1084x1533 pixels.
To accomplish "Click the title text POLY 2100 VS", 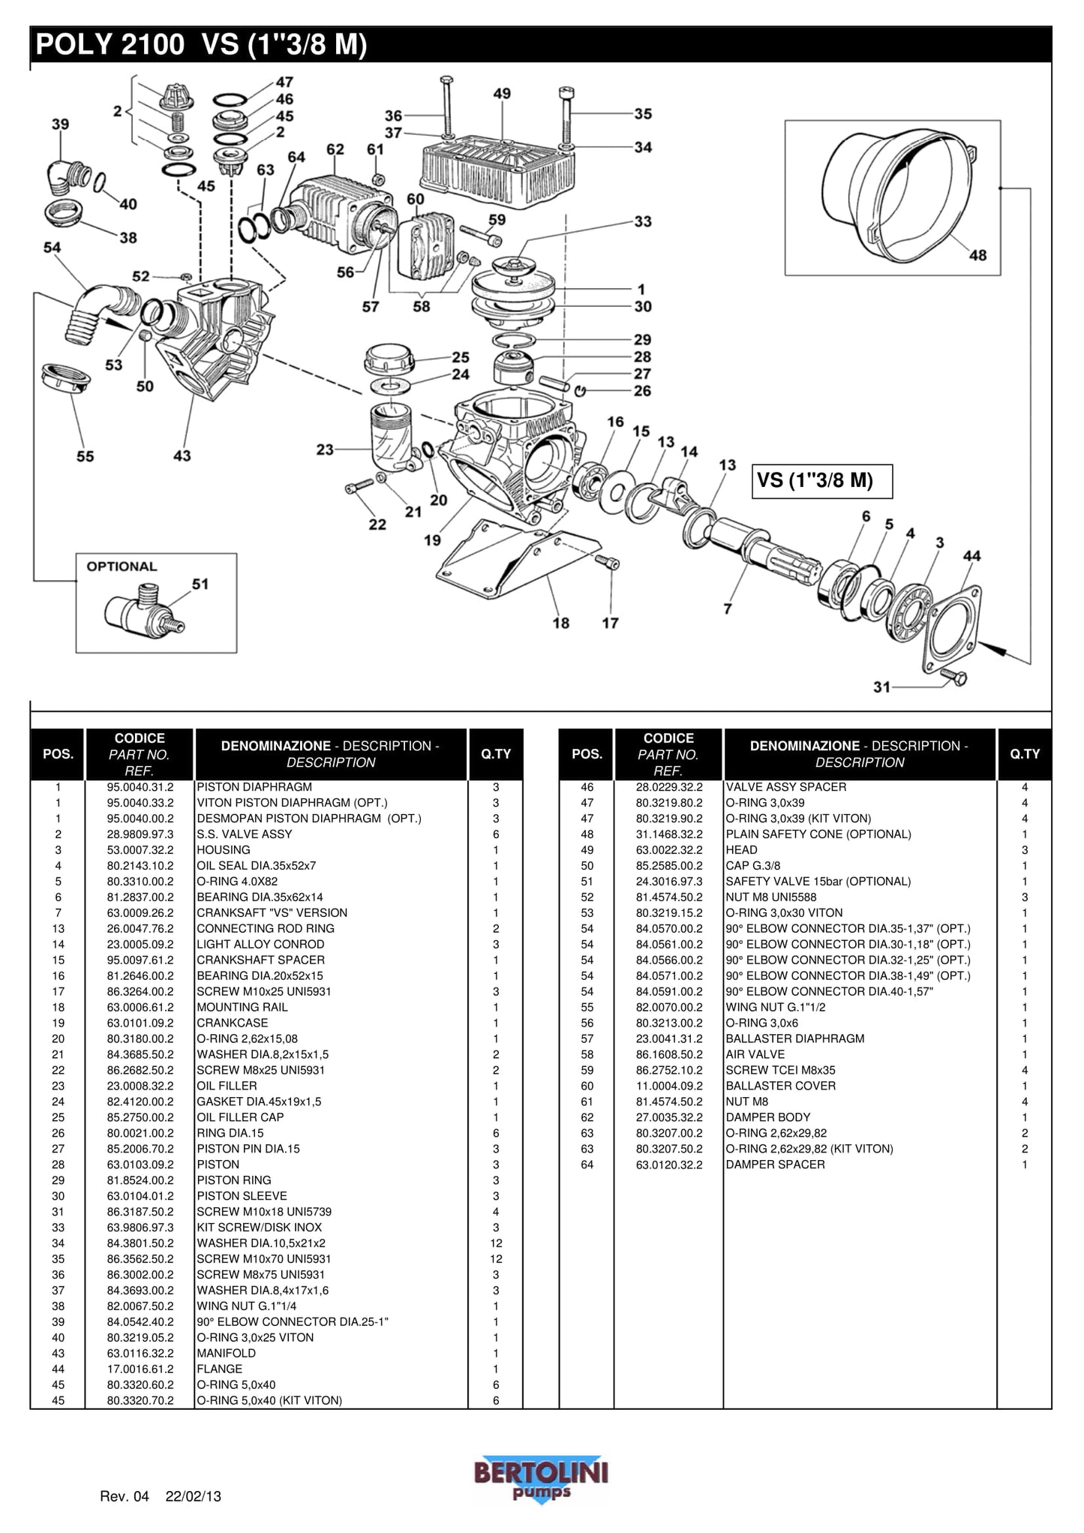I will click(x=201, y=45).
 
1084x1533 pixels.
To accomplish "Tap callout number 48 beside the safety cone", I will click(x=977, y=255).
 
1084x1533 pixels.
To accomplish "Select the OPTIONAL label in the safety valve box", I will click(x=122, y=567).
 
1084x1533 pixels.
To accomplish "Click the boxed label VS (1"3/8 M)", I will click(x=822, y=481).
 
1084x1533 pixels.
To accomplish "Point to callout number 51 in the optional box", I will click(x=200, y=584).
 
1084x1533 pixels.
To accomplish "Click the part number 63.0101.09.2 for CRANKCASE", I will click(x=140, y=1023).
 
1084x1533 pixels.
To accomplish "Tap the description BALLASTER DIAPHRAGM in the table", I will click(x=794, y=1039).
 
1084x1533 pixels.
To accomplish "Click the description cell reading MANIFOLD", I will click(x=226, y=1353).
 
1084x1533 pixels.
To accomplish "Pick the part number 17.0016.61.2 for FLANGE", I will click(x=140, y=1369).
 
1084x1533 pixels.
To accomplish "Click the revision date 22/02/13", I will click(x=194, y=1496).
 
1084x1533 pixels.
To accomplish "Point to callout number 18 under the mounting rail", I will click(x=561, y=623).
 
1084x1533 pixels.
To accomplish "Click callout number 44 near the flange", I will click(x=971, y=556).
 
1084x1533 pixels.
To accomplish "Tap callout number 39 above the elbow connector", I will click(x=60, y=124).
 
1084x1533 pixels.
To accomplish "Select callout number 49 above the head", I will click(x=502, y=94).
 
